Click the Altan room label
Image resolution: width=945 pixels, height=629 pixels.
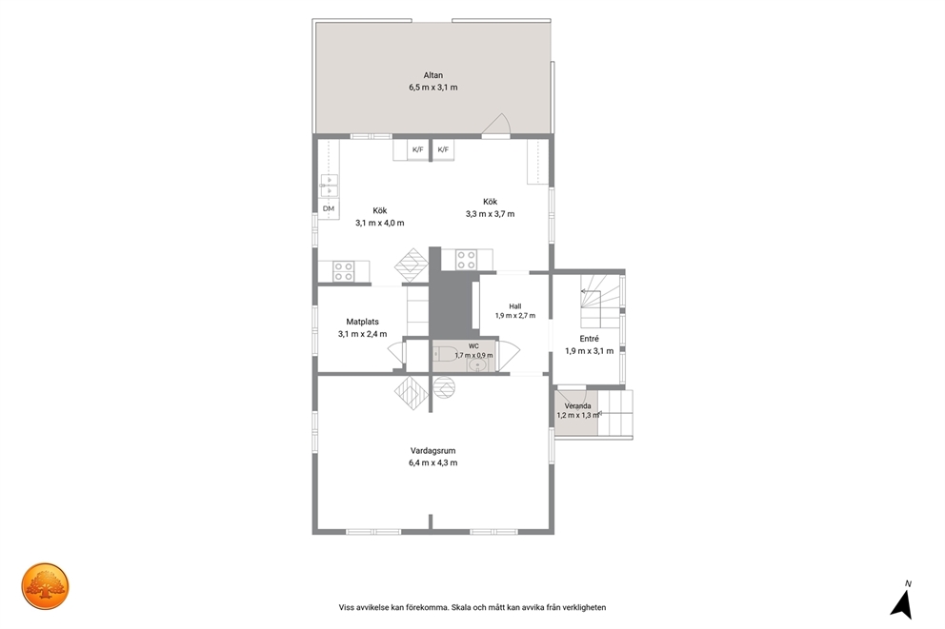click(432, 75)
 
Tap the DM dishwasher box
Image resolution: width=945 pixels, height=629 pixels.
click(329, 208)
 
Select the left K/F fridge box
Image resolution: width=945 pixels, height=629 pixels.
click(417, 149)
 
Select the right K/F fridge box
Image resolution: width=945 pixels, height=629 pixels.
click(443, 149)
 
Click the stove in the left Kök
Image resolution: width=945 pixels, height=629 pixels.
click(344, 271)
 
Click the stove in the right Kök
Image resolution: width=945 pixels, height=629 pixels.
click(466, 260)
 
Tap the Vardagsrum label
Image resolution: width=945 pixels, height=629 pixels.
click(432, 450)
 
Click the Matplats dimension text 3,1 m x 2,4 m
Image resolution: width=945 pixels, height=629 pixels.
click(362, 334)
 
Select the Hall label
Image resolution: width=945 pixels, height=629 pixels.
click(514, 306)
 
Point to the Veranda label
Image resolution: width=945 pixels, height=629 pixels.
click(577, 405)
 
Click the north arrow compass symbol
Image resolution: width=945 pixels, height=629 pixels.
click(902, 603)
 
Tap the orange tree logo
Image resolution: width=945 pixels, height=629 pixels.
click(45, 586)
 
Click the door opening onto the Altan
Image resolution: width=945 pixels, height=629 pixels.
click(496, 126)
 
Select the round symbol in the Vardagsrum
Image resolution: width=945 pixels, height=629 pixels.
click(444, 387)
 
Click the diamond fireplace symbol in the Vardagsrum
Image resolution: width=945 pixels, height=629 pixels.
click(411, 394)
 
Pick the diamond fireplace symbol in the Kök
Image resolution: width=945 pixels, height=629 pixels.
click(411, 265)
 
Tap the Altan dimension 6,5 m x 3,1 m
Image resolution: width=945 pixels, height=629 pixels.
click(432, 88)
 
